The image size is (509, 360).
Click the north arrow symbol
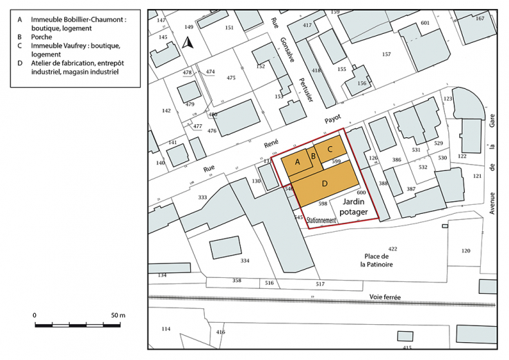coord(188,43)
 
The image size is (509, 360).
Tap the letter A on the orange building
coord(298,161)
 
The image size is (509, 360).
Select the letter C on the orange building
coord(330,148)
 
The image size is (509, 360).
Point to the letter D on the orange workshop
coord(324,183)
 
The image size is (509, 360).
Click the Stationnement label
coord(321,221)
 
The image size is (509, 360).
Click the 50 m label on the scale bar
coord(117,315)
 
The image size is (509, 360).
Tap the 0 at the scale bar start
coord(34,315)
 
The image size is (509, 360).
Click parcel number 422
coord(392,249)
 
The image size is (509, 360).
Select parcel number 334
coord(245,261)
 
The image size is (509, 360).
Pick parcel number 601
coord(425,23)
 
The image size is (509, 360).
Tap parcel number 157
coord(387,54)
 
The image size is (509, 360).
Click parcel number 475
coord(231,78)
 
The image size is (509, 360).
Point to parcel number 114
coord(166,328)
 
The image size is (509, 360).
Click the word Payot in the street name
coord(334,119)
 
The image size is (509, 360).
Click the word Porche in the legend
coord(42,36)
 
